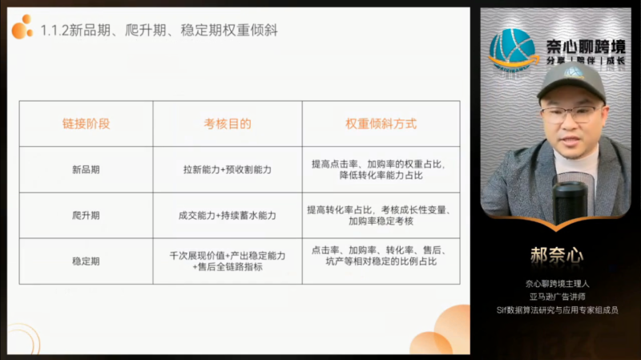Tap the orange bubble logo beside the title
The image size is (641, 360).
[x=22, y=28]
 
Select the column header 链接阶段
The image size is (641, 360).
[x=86, y=124]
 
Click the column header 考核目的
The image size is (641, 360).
[x=228, y=124]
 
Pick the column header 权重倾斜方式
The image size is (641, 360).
[x=381, y=124]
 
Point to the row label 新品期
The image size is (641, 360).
[x=86, y=170]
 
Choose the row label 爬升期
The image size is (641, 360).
[x=86, y=216]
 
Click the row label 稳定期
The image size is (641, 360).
[x=86, y=261]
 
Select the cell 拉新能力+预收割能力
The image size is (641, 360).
[x=228, y=170]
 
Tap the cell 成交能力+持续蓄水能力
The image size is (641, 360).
[x=228, y=216]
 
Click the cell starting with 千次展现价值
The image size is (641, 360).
[x=228, y=261]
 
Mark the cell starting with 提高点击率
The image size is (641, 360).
[x=381, y=170]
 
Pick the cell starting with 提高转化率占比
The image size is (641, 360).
[x=381, y=216]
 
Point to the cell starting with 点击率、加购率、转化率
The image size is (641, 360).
[x=381, y=261]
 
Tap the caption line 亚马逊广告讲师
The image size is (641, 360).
[x=556, y=297]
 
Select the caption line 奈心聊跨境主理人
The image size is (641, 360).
[x=556, y=283]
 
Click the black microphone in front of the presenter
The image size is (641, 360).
[x=570, y=200]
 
